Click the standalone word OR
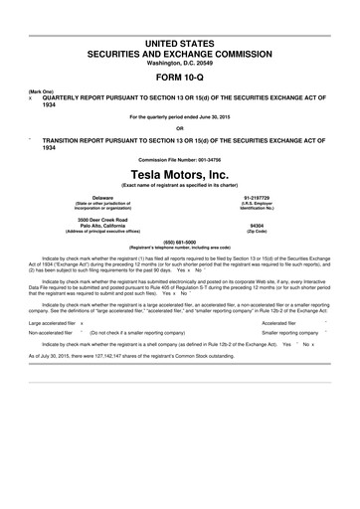tap(179, 127)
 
